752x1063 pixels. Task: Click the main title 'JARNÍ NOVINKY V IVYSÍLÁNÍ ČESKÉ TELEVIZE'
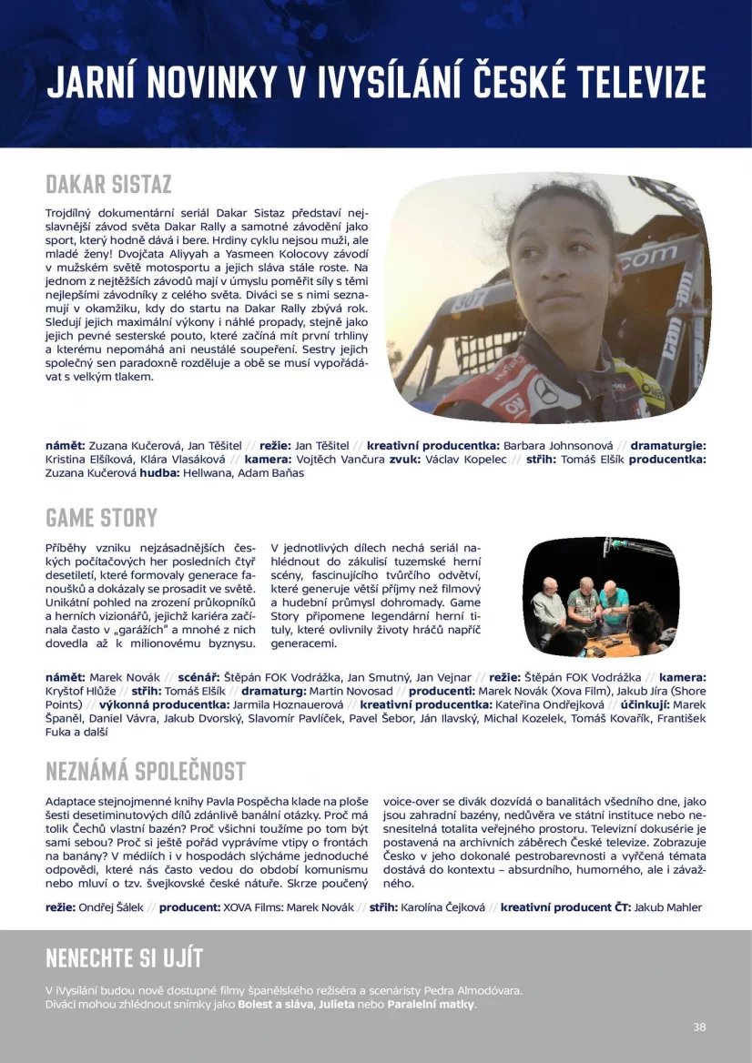(376, 81)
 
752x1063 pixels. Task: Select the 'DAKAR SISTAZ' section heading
(108, 184)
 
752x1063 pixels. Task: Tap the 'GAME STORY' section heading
(101, 518)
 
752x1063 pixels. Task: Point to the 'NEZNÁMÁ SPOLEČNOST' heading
(146, 771)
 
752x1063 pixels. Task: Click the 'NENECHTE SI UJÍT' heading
(124, 957)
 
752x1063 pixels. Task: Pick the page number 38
(699, 1027)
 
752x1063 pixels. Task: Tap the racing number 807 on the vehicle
(471, 298)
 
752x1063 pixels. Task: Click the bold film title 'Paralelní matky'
(431, 1004)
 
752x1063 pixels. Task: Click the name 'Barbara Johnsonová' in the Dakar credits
(558, 446)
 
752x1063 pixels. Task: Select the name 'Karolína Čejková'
(441, 907)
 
